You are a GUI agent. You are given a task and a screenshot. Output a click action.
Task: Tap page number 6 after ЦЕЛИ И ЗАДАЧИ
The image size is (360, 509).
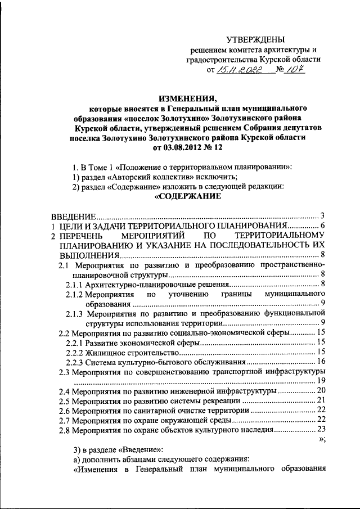323,226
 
